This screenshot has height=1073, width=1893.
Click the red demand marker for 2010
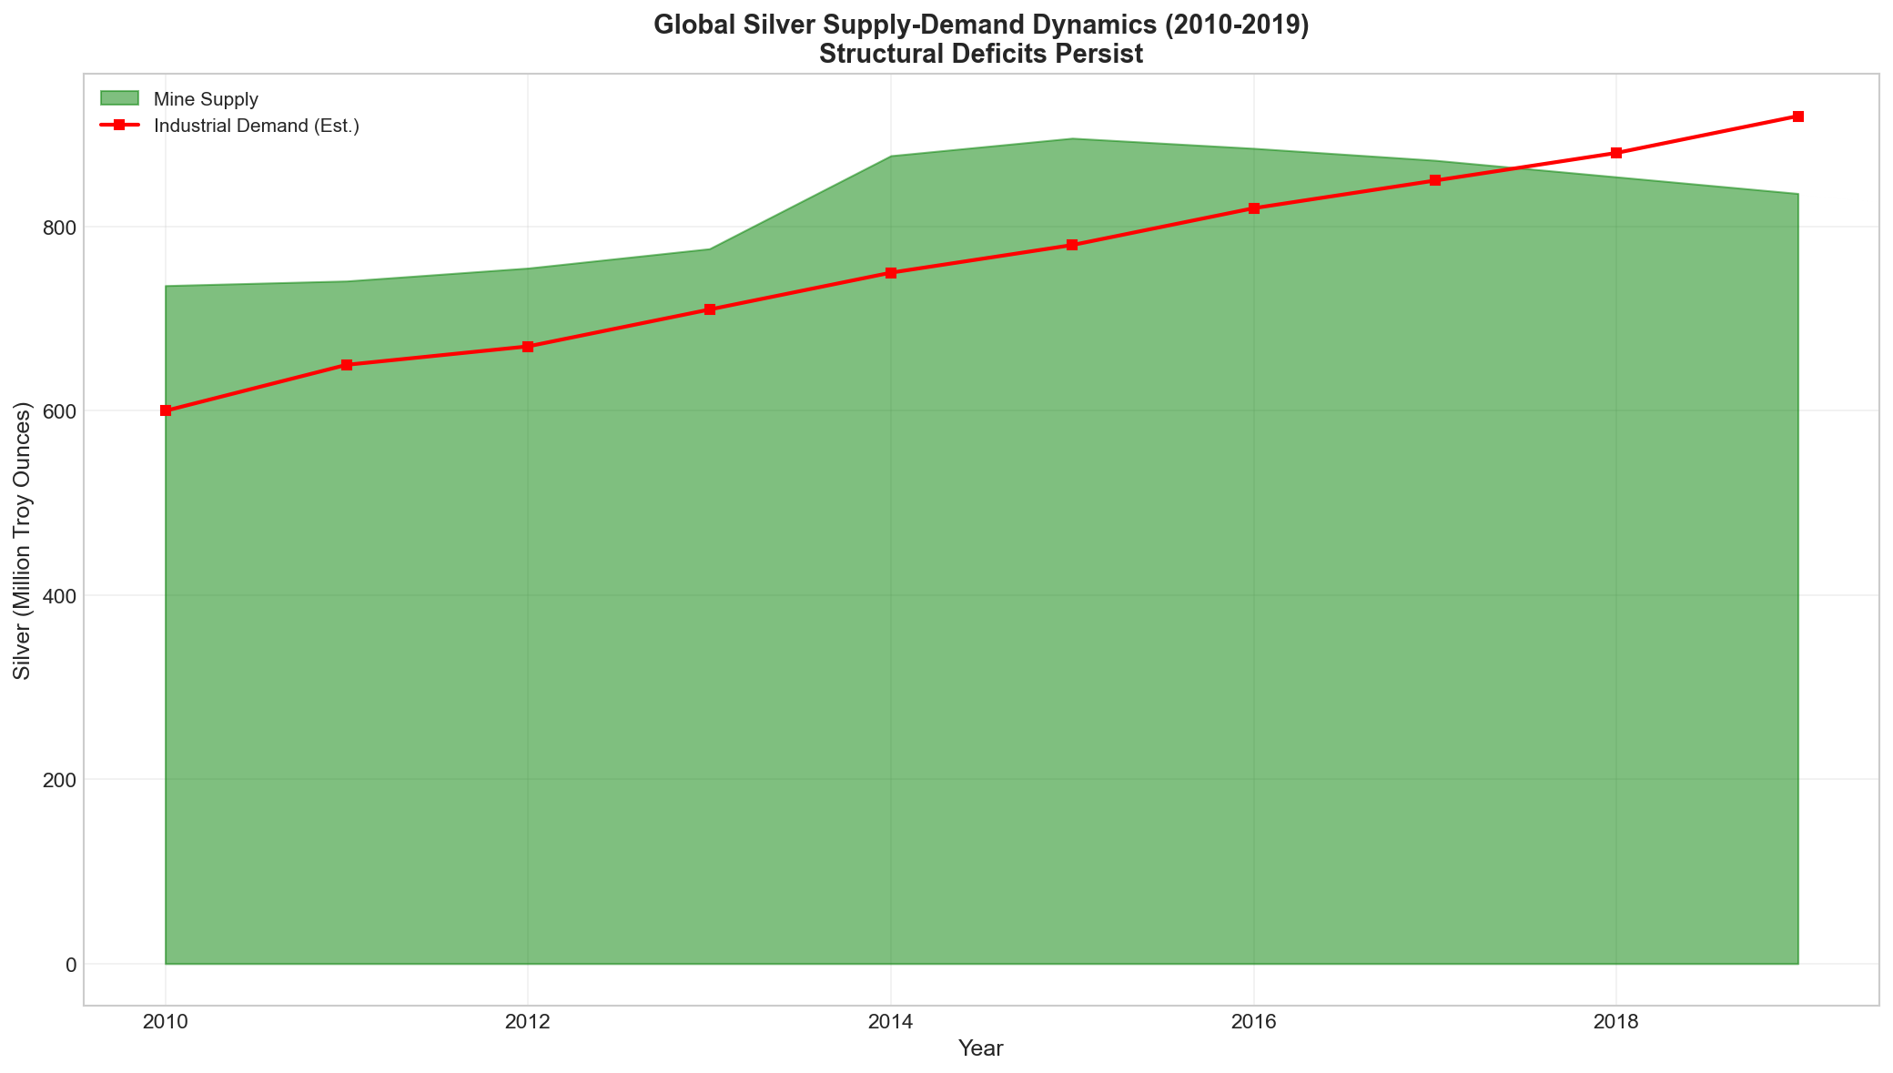(x=166, y=410)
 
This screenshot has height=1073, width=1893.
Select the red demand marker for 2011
(x=347, y=365)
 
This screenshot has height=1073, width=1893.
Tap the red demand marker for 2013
(x=710, y=309)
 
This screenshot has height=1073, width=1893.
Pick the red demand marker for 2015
(x=1072, y=245)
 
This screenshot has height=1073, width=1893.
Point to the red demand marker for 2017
(x=1435, y=180)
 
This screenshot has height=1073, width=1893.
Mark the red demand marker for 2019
(x=1798, y=116)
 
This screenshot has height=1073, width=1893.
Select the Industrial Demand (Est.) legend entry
(x=257, y=126)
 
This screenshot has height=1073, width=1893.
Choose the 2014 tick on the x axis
(x=891, y=1022)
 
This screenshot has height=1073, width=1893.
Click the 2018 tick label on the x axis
(x=1616, y=1022)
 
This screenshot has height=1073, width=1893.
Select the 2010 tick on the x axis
(x=166, y=1022)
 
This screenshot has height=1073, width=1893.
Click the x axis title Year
(x=981, y=1049)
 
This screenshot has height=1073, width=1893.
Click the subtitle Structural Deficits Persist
(x=981, y=55)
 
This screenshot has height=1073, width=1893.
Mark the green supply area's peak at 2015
(x=1072, y=139)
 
